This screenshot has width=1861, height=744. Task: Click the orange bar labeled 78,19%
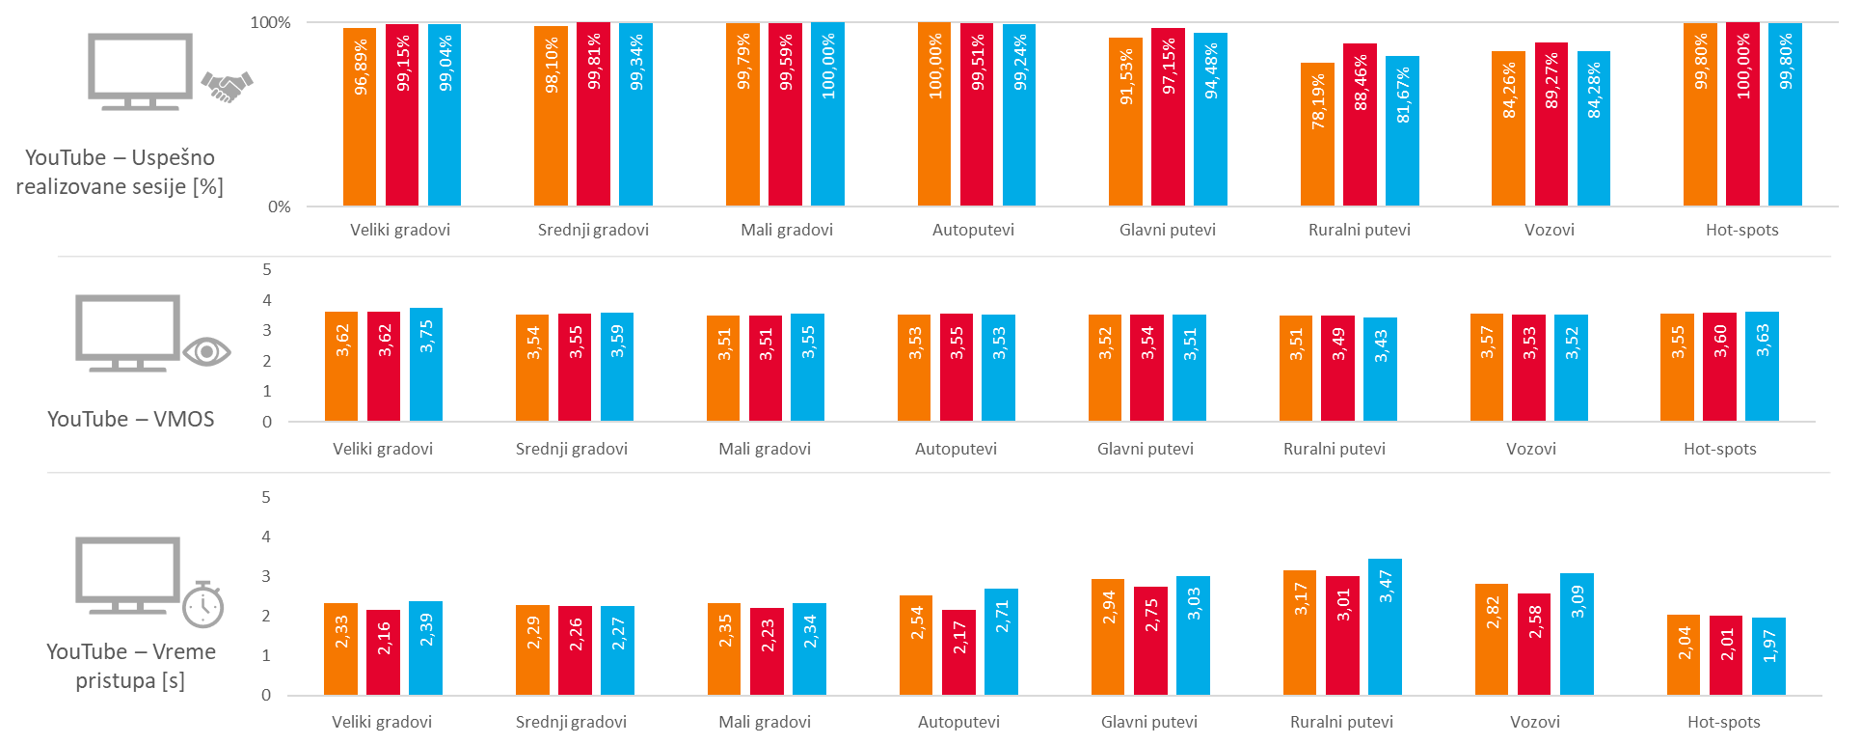(1317, 135)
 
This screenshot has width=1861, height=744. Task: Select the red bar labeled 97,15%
(1168, 118)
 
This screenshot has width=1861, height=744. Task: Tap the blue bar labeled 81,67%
(1402, 131)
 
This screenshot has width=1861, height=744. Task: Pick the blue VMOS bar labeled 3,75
(426, 365)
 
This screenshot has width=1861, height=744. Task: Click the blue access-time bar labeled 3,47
(1385, 627)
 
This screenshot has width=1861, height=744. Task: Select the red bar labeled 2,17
(958, 652)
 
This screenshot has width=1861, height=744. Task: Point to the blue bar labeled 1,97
(1768, 656)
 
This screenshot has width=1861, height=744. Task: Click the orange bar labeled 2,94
(1108, 637)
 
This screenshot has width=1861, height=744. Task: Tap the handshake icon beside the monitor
(227, 87)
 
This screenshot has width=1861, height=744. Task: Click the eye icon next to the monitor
(206, 351)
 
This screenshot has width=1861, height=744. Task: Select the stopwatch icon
(203, 605)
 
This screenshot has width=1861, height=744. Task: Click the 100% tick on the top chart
(270, 22)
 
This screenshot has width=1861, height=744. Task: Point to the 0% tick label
(279, 207)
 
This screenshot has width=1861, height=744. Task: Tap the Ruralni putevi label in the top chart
(1359, 230)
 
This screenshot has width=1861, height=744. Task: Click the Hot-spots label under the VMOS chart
(1719, 449)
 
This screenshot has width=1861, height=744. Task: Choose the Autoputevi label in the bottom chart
(958, 722)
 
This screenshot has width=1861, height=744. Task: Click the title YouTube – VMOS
(130, 419)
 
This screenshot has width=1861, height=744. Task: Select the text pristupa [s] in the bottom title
(129, 680)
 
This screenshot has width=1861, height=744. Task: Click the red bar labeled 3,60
(1719, 367)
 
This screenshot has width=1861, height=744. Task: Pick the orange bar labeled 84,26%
(1508, 129)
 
